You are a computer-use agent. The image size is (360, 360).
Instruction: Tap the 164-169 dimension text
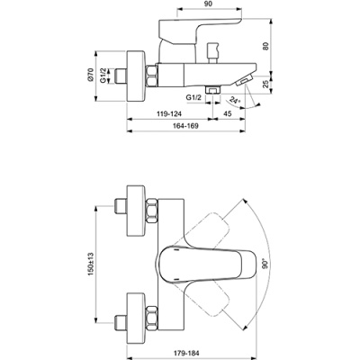(186, 129)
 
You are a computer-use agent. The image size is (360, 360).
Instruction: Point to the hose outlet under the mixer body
(214, 90)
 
